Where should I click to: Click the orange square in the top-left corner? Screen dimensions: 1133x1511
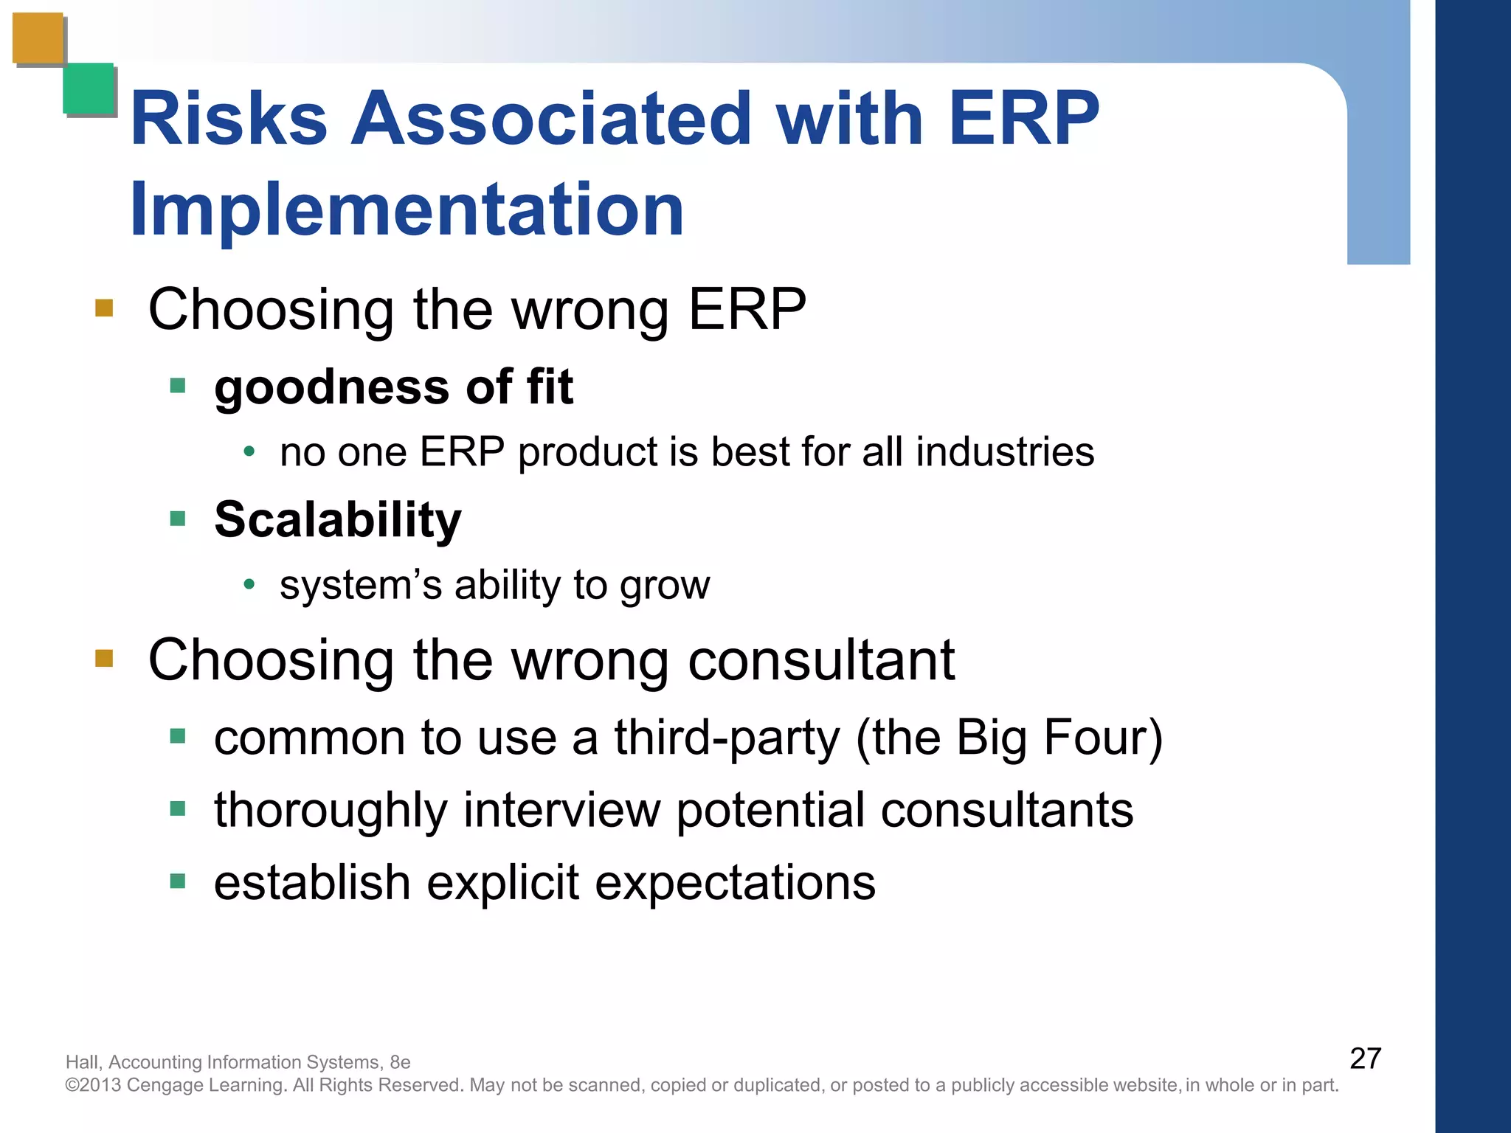click(38, 38)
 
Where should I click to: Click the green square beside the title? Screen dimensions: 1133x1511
click(89, 89)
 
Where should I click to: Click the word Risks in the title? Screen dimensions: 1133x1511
click(228, 119)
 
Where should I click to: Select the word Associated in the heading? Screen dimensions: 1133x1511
click(550, 119)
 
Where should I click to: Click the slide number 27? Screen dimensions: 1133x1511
click(1365, 1058)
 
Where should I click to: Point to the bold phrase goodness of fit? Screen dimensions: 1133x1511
click(393, 387)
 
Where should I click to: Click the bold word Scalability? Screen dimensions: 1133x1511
click(337, 519)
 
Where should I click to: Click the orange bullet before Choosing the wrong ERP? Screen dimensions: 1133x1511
click(104, 308)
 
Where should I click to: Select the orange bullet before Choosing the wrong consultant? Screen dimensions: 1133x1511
click(104, 657)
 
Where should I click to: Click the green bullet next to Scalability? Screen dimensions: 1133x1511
click(177, 519)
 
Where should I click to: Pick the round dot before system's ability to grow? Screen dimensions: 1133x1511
click(249, 585)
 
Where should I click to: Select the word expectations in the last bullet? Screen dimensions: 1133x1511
click(735, 882)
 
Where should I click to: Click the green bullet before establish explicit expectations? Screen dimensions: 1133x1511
click(177, 881)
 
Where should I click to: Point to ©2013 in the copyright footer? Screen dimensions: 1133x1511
click(94, 1085)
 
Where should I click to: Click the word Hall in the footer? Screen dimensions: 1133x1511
click(82, 1062)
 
